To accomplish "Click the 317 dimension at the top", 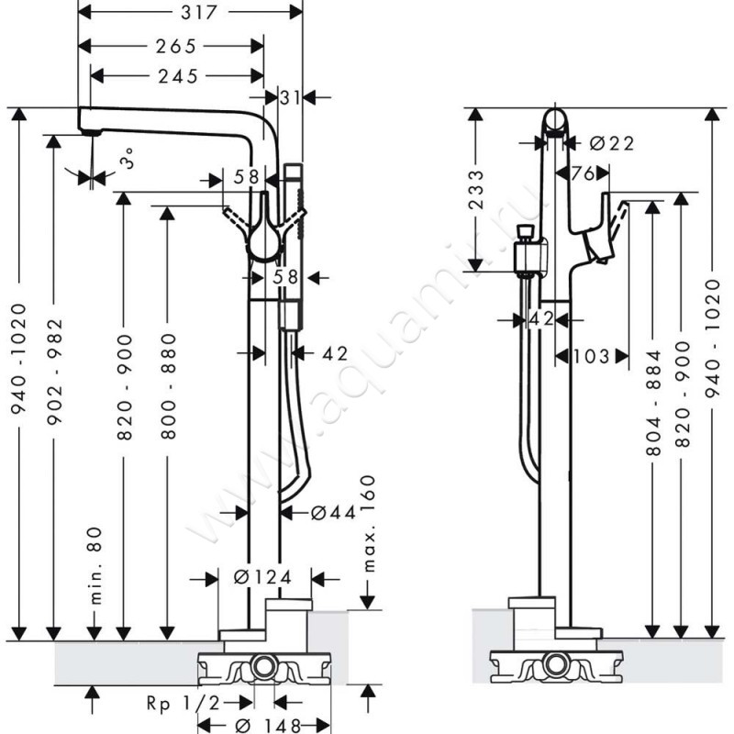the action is pyautogui.click(x=199, y=13).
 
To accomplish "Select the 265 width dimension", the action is pyautogui.click(x=176, y=47).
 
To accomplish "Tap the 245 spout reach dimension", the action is pyautogui.click(x=178, y=76).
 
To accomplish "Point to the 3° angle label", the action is pyautogui.click(x=128, y=158).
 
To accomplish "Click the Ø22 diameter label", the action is pyautogui.click(x=612, y=143).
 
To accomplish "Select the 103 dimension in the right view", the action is pyautogui.click(x=591, y=356).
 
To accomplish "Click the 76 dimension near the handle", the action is pyautogui.click(x=583, y=173).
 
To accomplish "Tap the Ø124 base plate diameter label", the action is pyautogui.click(x=262, y=577).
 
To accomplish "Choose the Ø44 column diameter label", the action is pyautogui.click(x=333, y=513).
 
